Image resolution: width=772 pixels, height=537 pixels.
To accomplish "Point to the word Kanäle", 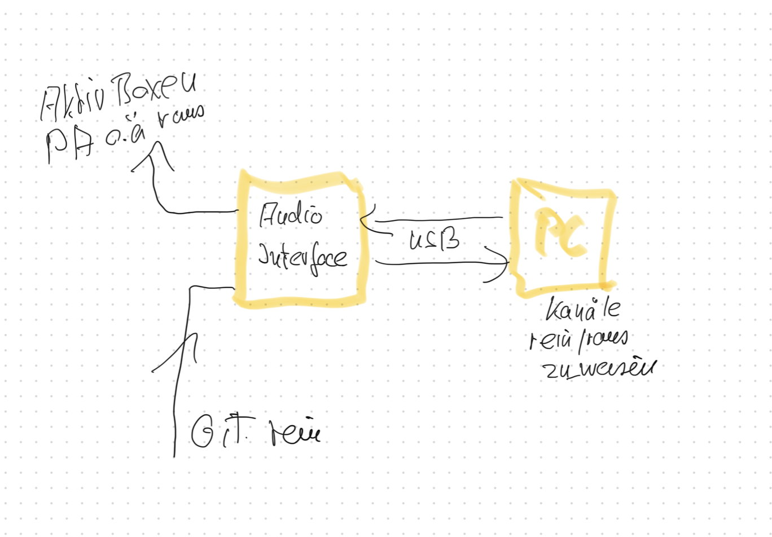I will tap(584, 310).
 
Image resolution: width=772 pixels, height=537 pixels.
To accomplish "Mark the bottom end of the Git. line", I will tap(174, 454).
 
